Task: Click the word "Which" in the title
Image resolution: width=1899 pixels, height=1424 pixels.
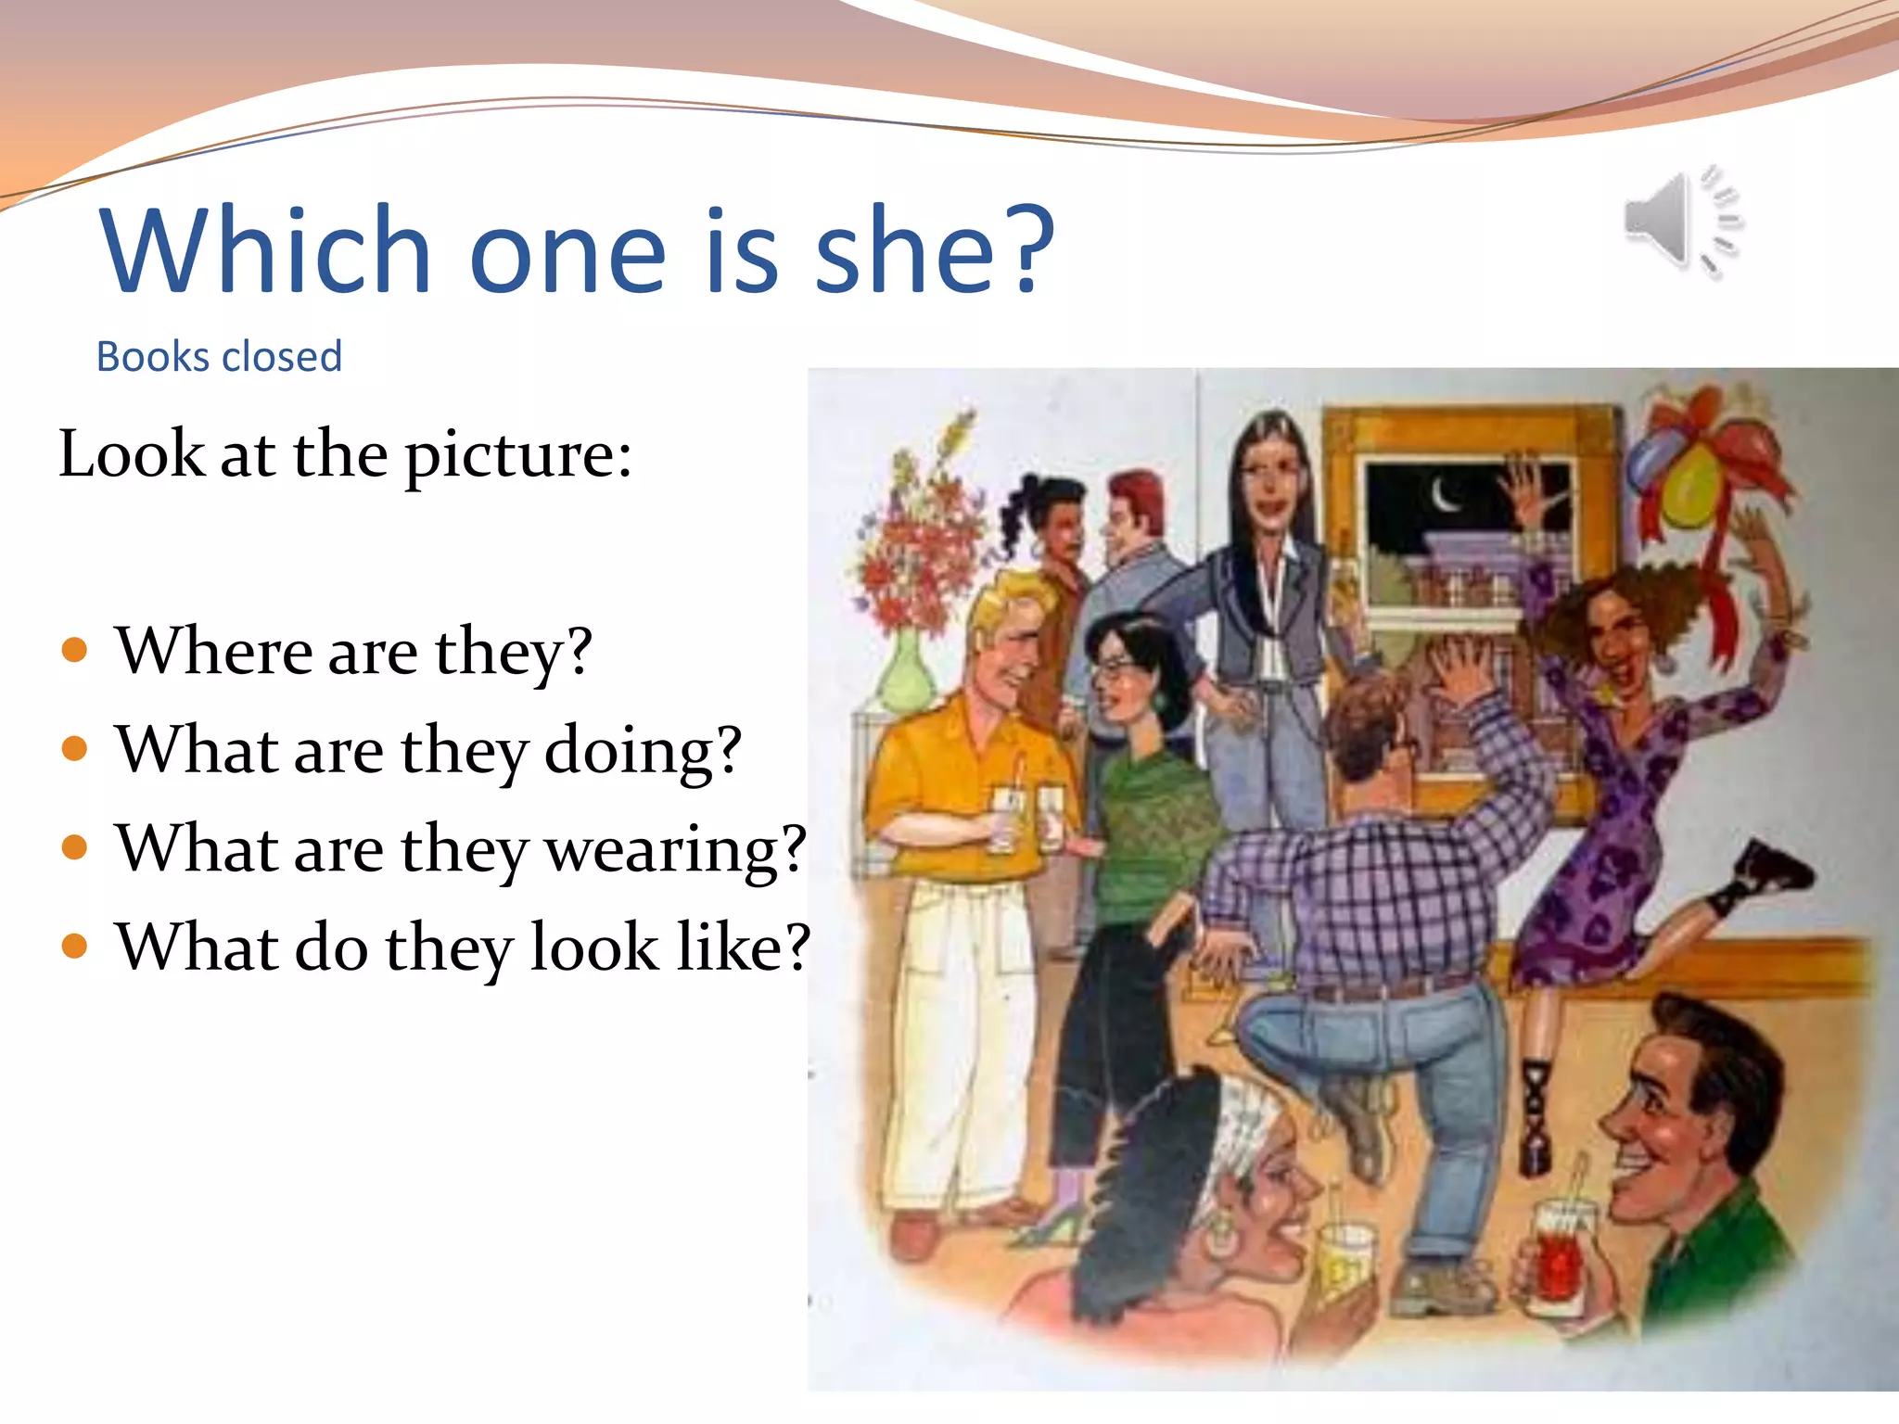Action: click(x=265, y=250)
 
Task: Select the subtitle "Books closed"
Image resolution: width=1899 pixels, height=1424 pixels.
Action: click(x=220, y=357)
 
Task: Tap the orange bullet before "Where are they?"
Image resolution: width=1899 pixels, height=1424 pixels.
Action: click(x=74, y=650)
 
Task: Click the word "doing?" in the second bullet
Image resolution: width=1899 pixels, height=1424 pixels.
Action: click(x=643, y=751)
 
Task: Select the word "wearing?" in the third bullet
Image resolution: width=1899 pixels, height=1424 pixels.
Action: click(x=676, y=849)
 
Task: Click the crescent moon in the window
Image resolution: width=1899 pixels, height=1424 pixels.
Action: click(x=1444, y=496)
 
